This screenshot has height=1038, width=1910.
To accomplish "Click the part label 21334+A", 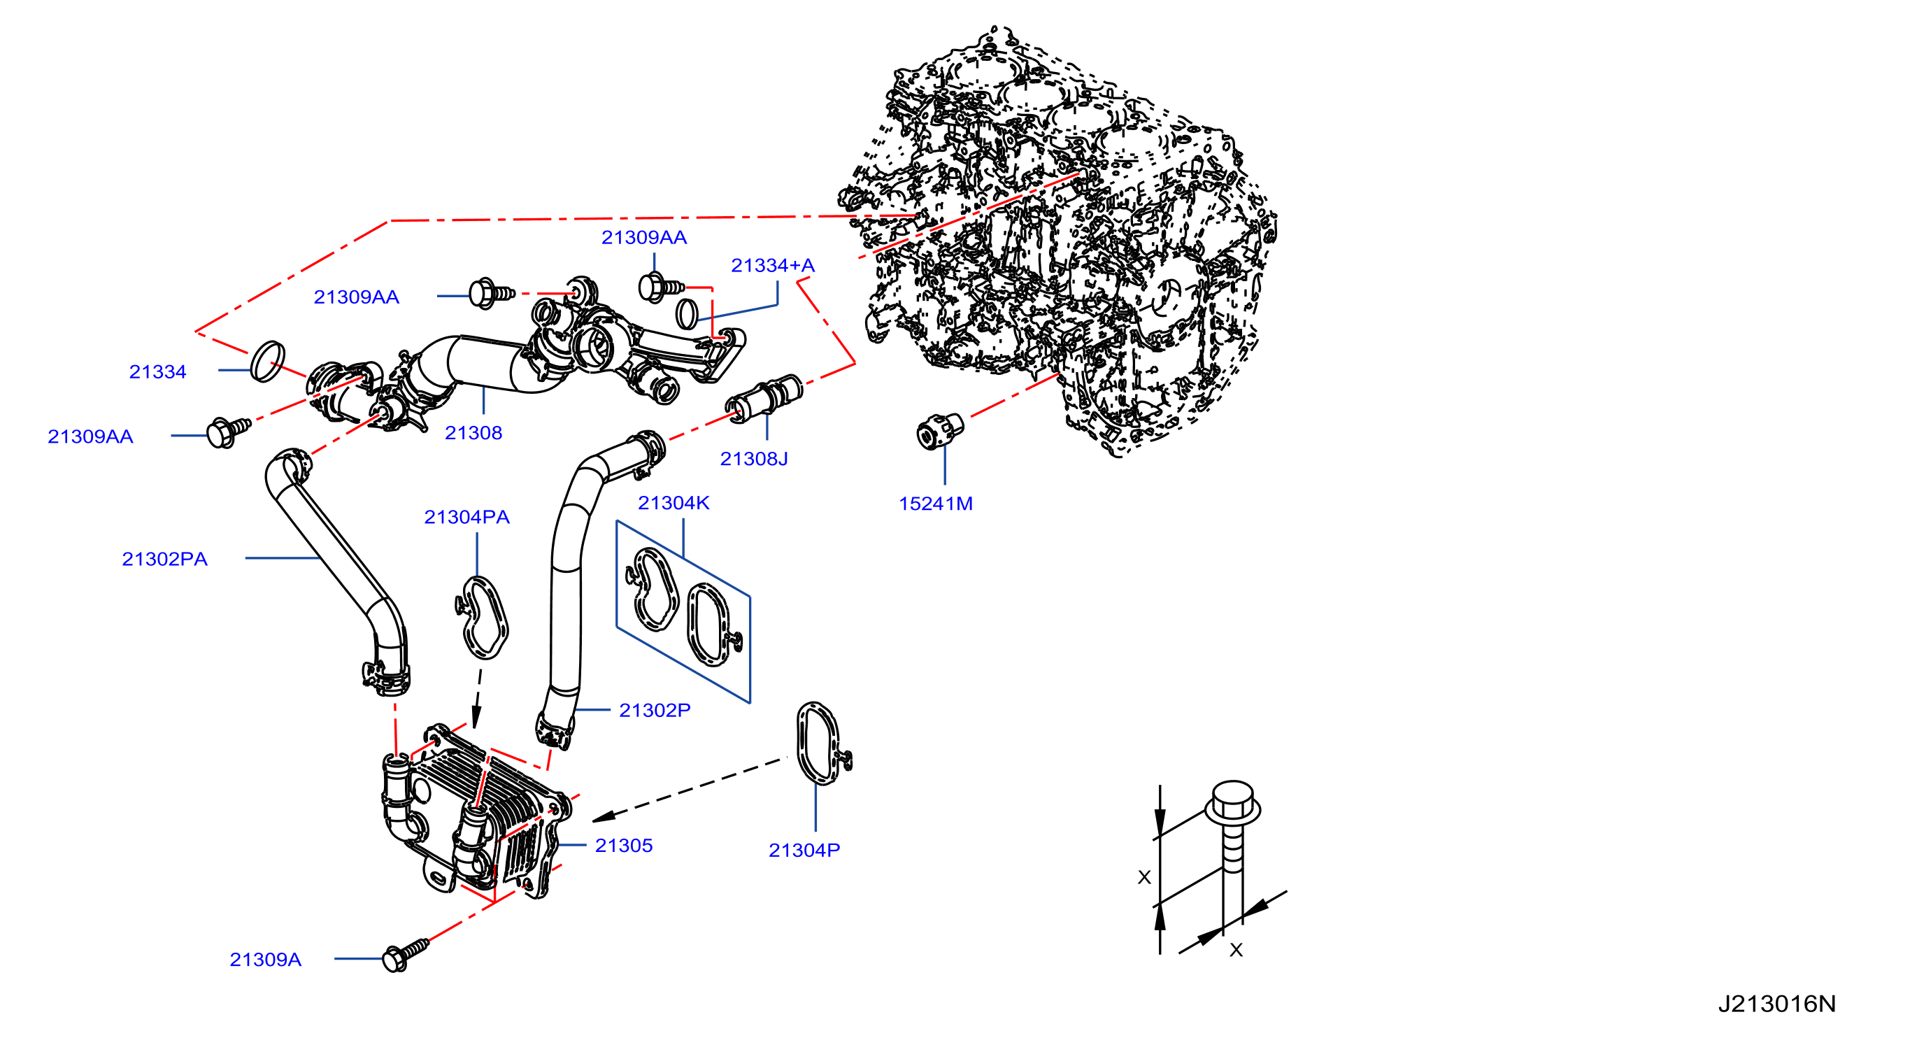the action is pos(773,265).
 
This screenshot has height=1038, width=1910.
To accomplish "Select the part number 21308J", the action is pos(754,459).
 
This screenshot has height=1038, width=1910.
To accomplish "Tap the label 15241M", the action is pos(936,504).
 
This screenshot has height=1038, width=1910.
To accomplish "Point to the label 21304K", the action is pos(674,504).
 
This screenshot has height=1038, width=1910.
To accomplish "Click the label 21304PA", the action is pos(466,518).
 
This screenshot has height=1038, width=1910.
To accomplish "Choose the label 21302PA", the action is pos(164,559).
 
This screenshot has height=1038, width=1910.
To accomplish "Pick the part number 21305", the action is pos(624,846).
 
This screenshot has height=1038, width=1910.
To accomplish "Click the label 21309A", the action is pos(266,960).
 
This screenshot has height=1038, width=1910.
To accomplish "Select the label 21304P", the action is pos(804,851).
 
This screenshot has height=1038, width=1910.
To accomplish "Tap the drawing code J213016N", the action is pos(1777,1004).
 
